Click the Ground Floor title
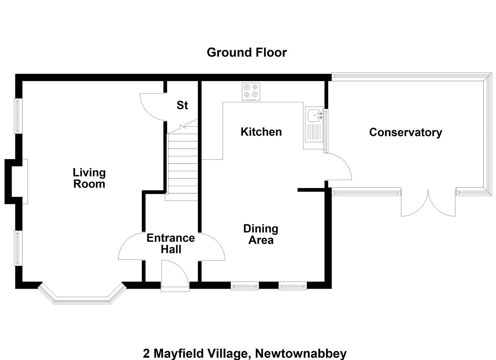(247, 53)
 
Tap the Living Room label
(89, 178)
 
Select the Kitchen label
(261, 132)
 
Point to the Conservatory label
(406, 133)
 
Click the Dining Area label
(261, 234)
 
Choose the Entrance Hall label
(171, 244)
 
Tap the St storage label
(182, 105)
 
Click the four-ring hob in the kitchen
(251, 92)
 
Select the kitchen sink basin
(314, 115)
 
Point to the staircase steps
(183, 164)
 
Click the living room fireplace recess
(16, 181)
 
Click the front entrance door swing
(175, 275)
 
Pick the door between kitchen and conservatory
(338, 166)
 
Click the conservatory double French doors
(428, 203)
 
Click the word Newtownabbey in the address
(301, 353)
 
